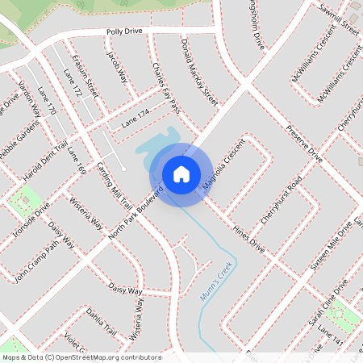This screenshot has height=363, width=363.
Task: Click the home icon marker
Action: (x=181, y=173)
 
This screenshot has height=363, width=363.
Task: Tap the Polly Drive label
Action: (x=124, y=31)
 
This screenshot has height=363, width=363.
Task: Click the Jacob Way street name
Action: (x=118, y=68)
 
